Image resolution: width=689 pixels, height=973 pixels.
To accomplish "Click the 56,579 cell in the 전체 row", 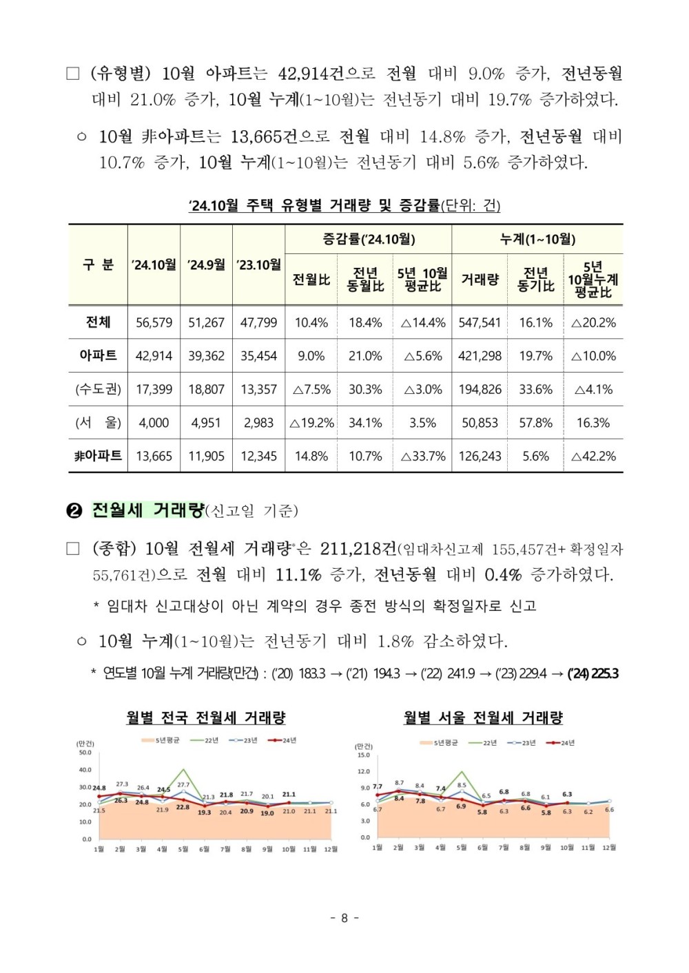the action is tap(154, 323).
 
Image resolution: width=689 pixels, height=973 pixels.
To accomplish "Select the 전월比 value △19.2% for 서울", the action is tap(311, 423).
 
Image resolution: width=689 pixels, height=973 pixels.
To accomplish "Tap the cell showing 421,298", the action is tap(480, 356).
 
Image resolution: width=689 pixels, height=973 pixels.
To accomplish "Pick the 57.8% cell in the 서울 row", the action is tap(535, 423).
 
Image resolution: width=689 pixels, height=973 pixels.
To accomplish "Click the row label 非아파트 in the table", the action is tap(98, 456).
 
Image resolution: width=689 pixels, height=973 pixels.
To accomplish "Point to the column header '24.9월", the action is tap(206, 264).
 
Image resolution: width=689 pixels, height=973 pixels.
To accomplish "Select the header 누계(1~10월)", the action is tap(537, 239).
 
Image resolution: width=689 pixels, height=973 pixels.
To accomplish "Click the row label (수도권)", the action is tap(98, 389).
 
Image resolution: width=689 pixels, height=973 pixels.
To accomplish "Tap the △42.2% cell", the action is tap(593, 456).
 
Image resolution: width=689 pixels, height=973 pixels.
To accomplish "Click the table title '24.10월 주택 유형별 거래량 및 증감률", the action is tap(315, 205).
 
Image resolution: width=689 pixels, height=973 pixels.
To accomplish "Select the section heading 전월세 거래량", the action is tap(148, 510).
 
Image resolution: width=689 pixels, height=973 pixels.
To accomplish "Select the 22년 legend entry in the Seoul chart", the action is tap(483, 743).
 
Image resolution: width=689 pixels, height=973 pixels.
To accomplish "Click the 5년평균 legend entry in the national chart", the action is tap(160, 740).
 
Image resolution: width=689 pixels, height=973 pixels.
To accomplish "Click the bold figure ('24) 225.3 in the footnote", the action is tap(593, 673).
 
